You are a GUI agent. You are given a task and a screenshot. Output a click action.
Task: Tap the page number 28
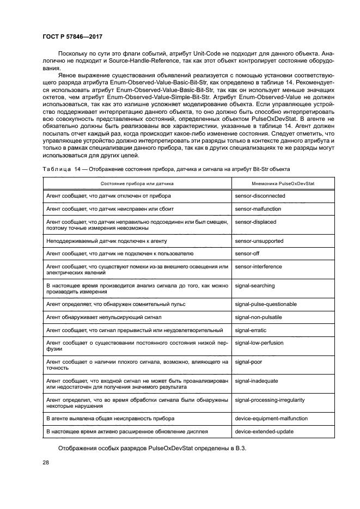click(46, 463)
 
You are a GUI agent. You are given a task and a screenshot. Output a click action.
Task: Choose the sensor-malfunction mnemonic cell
click(258, 208)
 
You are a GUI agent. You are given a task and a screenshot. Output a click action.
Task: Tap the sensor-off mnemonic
click(247, 254)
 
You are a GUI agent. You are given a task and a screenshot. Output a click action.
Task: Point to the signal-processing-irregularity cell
click(270, 400)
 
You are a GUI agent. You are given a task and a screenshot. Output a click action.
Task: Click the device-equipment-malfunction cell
click(271, 418)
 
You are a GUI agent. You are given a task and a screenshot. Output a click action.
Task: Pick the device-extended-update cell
click(264, 431)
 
